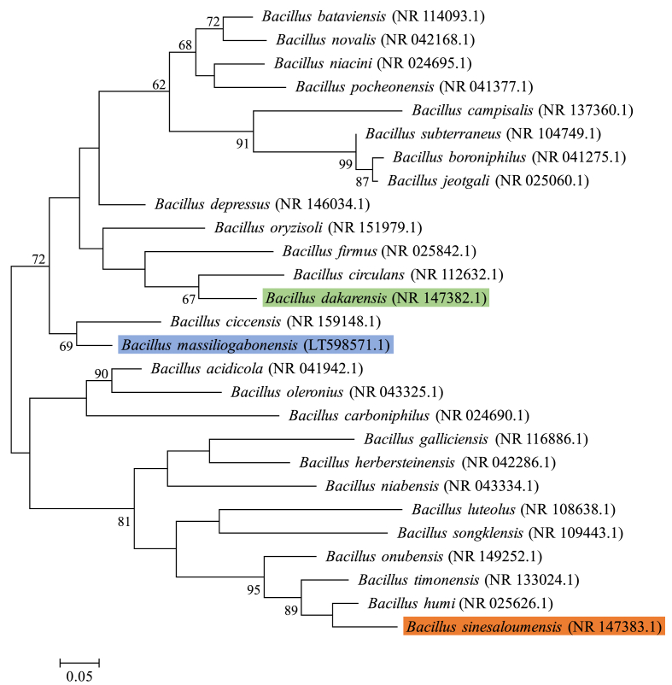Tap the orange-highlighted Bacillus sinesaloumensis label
point(533,628)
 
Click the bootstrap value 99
point(345,163)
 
